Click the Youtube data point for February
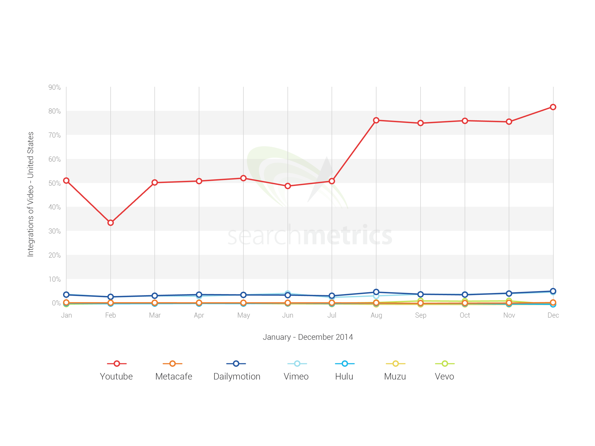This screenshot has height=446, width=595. tap(110, 223)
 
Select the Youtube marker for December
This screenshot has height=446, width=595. tap(553, 107)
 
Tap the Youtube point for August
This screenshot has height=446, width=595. tap(376, 120)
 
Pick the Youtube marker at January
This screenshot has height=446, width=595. tap(66, 181)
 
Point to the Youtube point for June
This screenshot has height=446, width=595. tap(288, 186)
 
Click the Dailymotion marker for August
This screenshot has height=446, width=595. tap(376, 292)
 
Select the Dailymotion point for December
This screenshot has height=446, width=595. tap(553, 291)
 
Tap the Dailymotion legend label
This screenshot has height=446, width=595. tap(237, 376)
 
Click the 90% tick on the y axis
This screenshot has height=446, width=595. tap(54, 87)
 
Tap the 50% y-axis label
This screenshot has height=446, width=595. tap(54, 183)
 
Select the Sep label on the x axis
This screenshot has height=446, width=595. tap(421, 315)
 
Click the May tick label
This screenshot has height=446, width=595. tap(243, 315)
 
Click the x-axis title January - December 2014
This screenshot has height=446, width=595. tap(308, 337)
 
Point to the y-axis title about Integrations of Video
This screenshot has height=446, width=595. tap(31, 194)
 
